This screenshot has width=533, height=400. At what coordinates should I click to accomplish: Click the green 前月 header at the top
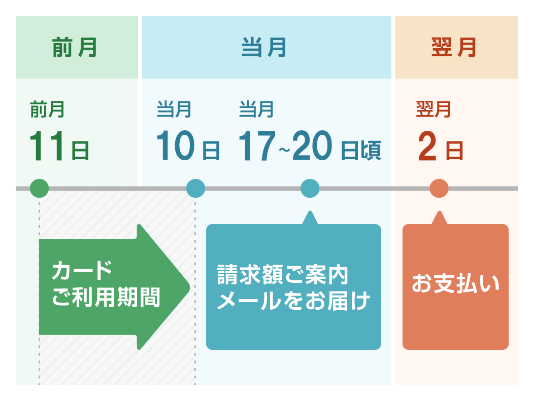[x=75, y=48]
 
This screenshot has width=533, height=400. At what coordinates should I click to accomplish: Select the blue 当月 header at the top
[x=264, y=48]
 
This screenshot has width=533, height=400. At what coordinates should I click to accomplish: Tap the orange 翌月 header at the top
[x=454, y=48]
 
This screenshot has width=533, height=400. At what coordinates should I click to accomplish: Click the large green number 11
[x=47, y=146]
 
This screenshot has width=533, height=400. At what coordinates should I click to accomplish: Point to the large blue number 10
[x=176, y=146]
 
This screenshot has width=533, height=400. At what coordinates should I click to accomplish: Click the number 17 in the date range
[x=257, y=146]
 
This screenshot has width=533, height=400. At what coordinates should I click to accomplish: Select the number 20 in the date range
[x=312, y=146]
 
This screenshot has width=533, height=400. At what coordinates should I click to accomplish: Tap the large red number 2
[x=427, y=147]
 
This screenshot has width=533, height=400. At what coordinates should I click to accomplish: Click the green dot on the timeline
[x=40, y=188]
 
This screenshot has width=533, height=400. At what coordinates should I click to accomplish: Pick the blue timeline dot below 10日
[x=196, y=188]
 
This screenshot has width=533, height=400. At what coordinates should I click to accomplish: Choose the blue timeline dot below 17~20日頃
[x=310, y=188]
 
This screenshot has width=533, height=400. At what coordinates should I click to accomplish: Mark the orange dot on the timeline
[x=439, y=188]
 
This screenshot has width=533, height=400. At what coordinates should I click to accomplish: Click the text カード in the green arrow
[x=82, y=270]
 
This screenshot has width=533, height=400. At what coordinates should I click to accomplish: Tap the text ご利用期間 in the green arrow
[x=106, y=297]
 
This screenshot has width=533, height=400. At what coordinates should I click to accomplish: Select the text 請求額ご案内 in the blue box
[x=283, y=274]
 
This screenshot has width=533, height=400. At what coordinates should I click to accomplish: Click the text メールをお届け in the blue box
[x=293, y=301]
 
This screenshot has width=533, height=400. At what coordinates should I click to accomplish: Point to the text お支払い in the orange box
[x=455, y=283]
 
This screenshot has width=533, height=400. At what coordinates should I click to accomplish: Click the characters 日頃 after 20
[x=360, y=151]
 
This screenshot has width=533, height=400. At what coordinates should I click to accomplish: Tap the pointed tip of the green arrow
[x=189, y=287]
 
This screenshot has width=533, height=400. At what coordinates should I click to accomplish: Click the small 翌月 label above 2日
[x=434, y=110]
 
